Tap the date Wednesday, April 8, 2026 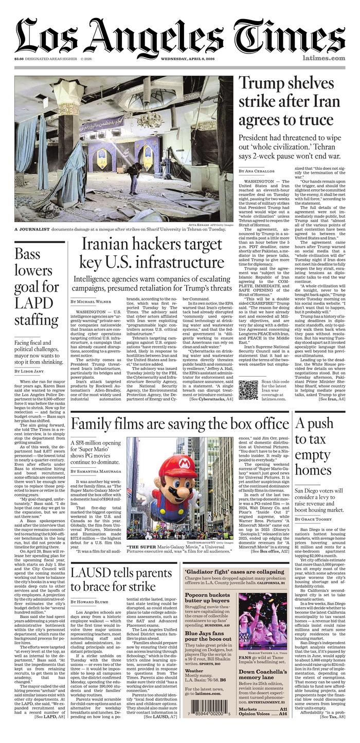[x=190, y=58]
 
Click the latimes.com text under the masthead [x=323, y=58]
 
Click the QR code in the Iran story [x=248, y=390]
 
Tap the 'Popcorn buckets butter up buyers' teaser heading [x=208, y=598]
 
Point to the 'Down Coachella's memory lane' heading [x=262, y=675]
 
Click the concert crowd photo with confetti [x=263, y=622]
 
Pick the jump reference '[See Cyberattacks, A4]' [x=211, y=399]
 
